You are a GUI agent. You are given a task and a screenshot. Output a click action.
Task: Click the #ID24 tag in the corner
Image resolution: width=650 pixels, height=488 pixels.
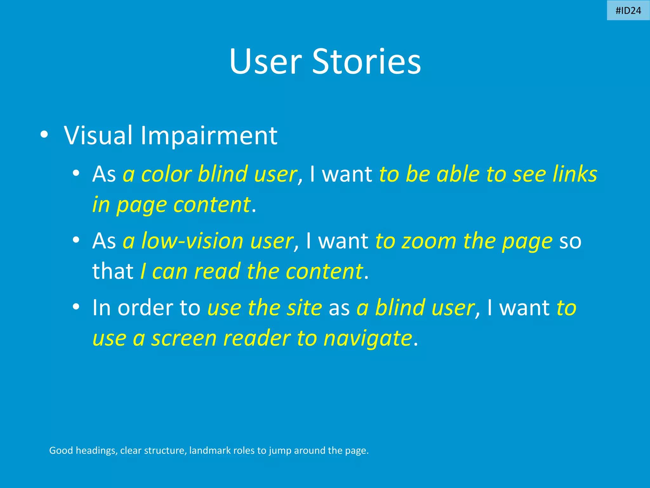coord(628,11)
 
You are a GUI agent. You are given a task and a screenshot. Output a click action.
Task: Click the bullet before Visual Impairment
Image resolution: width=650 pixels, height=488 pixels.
coord(44,135)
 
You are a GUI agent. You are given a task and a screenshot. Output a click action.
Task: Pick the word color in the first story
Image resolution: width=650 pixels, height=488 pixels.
coord(166,174)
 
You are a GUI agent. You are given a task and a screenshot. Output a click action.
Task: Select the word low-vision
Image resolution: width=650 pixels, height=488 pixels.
coord(192,241)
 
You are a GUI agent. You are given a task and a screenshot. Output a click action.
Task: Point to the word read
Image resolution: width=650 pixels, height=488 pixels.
coord(217,271)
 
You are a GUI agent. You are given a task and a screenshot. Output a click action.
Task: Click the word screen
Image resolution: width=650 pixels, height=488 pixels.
coord(184,338)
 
